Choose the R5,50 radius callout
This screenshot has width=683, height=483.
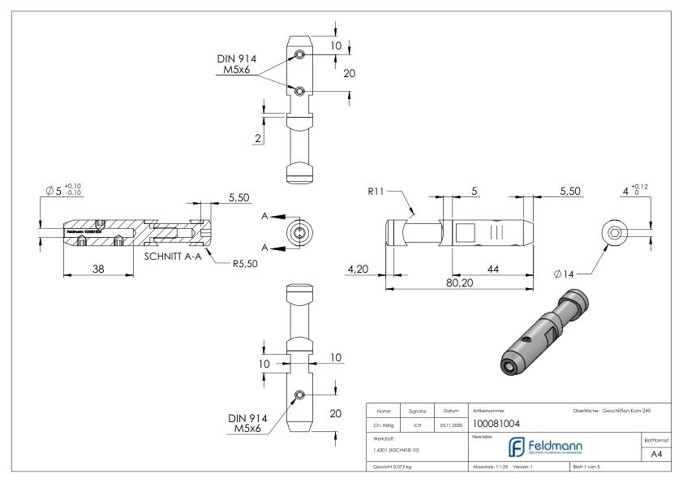[244, 262]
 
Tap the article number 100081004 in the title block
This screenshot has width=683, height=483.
[496, 423]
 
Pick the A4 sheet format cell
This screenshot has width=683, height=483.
[659, 456]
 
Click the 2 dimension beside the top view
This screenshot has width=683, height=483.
[257, 139]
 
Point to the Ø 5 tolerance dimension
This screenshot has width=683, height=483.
[63, 192]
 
